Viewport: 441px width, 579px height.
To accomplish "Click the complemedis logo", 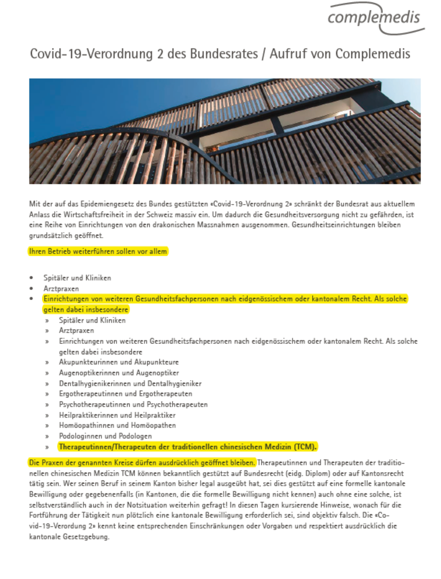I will pos(374,18).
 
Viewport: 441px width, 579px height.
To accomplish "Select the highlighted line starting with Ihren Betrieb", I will pos(98,251).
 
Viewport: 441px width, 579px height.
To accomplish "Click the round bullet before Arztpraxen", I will pos(32,289).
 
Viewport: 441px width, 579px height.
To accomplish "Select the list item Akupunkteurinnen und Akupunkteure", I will pos(119,362).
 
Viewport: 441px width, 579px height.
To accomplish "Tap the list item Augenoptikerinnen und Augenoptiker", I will pos(119,373).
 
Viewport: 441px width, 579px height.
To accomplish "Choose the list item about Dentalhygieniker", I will pos(130,384).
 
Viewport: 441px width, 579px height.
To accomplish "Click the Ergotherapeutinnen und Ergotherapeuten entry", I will pos(125,394).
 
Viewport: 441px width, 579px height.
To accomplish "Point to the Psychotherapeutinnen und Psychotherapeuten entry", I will pos(133,405).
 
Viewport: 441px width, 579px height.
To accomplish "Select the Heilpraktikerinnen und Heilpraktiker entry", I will pos(117,415).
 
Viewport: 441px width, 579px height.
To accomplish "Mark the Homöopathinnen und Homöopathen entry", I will pos(117,425).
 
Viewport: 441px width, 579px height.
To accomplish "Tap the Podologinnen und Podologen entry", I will pos(105,436).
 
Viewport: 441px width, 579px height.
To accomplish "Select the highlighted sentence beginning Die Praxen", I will pos(142,463).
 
